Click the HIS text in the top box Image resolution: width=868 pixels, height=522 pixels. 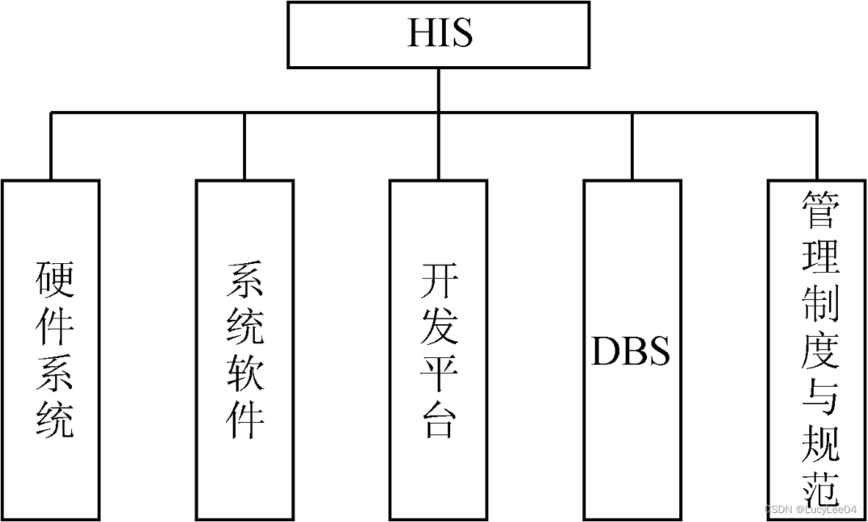439,34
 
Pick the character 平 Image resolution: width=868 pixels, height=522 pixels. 439,373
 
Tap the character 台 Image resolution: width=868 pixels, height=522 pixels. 439,421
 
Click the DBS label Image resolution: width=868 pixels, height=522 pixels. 631,352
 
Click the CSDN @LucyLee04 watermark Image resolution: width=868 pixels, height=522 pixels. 810,510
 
